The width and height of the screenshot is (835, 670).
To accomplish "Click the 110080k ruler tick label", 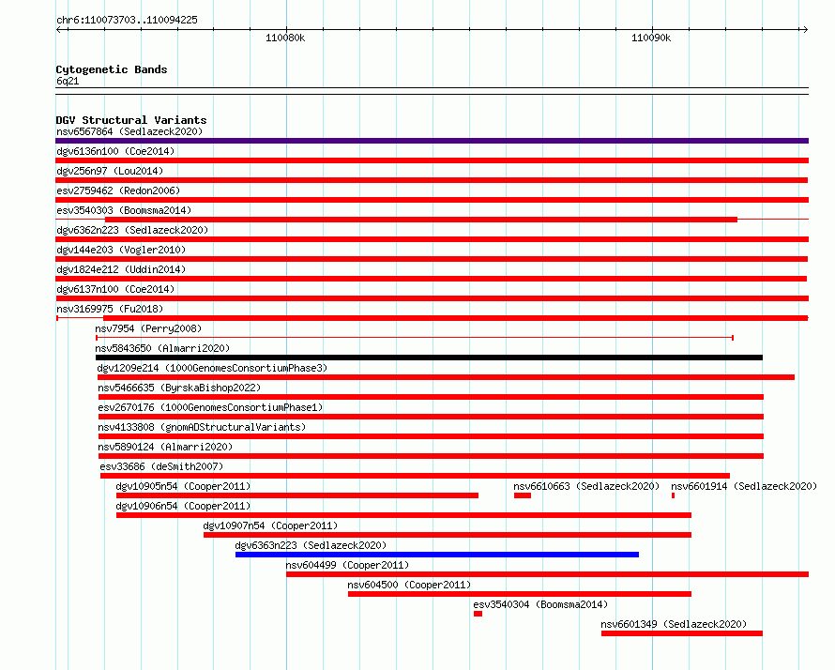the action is pos(285,38).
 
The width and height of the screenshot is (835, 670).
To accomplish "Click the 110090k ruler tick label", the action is pos(651,38).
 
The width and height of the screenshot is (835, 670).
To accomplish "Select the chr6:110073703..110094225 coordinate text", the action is pos(127,21).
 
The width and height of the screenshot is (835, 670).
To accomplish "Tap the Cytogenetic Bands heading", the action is pos(112,69).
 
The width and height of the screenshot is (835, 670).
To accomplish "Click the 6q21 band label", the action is pos(68,81).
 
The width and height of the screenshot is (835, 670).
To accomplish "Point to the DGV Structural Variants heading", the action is pos(131,120).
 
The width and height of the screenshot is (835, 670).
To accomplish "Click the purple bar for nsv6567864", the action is pos(432,141).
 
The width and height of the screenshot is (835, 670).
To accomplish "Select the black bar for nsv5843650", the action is pos(429,358).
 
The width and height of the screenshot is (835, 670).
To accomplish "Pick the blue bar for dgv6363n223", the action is pos(437,555).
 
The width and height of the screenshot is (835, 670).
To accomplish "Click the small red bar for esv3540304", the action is pos(478,614).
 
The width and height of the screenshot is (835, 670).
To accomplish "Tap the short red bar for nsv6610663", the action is pos(523,495).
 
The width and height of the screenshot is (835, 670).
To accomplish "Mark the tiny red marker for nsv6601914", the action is pos(673,495).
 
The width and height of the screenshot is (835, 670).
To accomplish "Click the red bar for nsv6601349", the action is pos(682,633).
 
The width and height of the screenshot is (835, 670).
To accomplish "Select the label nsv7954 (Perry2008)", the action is pos(148,328).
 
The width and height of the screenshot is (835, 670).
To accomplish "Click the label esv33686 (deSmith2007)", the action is pos(161,466).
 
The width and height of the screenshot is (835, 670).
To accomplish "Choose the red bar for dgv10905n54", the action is pos(297,495).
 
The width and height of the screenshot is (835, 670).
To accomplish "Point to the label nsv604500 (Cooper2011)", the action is pos(409,585).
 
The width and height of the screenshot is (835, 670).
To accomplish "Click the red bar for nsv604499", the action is pos(547,574).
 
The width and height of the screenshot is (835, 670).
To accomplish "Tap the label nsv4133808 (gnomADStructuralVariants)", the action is pos(202,427).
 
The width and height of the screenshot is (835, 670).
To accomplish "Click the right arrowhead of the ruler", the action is pos(806,29).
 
